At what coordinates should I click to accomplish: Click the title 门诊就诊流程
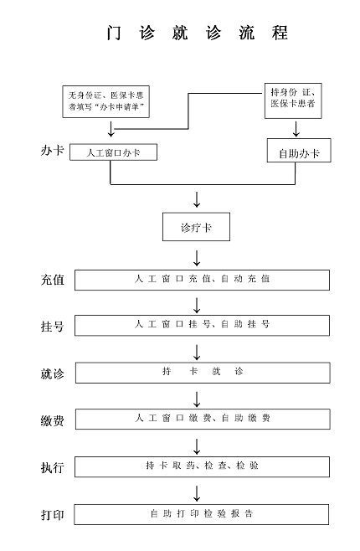(198, 33)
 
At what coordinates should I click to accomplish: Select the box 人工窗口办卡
(114, 152)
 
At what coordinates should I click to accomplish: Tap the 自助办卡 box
(299, 151)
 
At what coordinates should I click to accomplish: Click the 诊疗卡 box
(197, 227)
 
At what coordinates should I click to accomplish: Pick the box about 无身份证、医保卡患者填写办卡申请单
(106, 101)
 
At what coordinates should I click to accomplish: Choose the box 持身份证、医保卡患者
(293, 100)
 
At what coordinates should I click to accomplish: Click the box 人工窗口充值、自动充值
(202, 280)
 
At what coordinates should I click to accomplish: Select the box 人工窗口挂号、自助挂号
(202, 326)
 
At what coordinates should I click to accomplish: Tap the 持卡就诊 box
(203, 373)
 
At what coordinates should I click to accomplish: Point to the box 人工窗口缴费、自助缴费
(203, 419)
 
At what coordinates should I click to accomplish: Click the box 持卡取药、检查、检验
(202, 466)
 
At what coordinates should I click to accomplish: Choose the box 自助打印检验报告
(202, 514)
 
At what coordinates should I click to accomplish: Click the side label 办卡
(53, 151)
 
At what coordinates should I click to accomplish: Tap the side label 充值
(53, 280)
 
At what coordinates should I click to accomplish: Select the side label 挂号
(53, 327)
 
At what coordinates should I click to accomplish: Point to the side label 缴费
(53, 420)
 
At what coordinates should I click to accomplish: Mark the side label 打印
(53, 515)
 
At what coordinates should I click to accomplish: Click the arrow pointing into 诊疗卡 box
(197, 199)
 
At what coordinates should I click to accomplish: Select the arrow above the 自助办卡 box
(296, 129)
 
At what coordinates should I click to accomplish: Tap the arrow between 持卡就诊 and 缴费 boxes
(197, 399)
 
